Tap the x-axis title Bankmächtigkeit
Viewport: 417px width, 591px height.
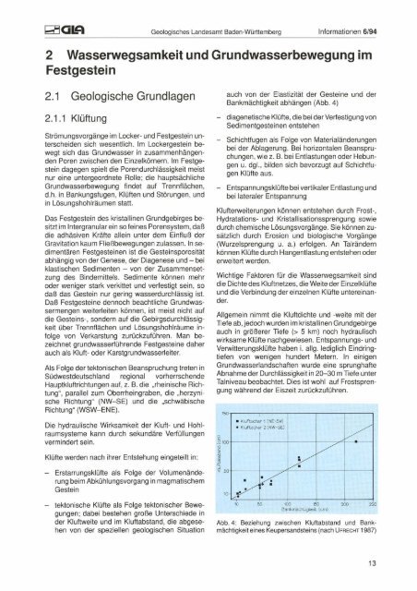296,510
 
